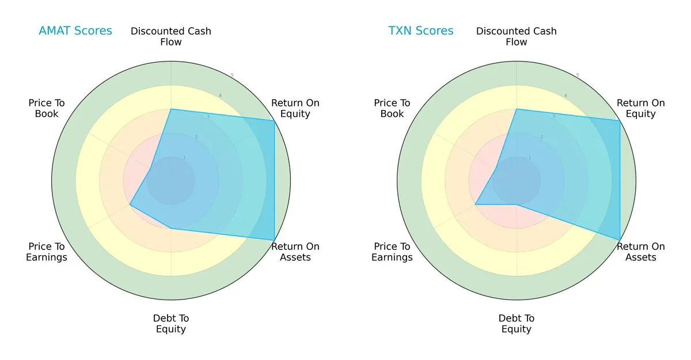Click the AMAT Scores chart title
pos(75,31)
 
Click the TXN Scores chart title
pos(421,31)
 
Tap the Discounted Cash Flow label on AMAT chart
pos(171,36)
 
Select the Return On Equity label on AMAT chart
pos(295,108)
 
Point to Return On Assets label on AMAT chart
pos(295,252)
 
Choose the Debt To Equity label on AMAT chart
pos(171,324)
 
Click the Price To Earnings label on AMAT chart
pos(47,252)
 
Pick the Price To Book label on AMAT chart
pos(47,108)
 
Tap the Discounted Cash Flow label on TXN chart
pos(517,36)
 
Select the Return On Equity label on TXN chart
pos(641,108)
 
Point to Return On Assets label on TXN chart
pos(641,252)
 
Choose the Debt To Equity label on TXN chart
pos(517,324)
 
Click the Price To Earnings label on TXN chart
pos(392,252)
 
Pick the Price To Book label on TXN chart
pos(392,108)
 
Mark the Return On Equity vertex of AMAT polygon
pos(274,120)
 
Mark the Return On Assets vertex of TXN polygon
pos(620,240)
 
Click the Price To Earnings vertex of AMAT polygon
pos(130,204)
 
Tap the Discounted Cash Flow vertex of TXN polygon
pos(517,109)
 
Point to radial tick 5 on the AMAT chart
pos(232,75)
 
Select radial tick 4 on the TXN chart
pos(565,96)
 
